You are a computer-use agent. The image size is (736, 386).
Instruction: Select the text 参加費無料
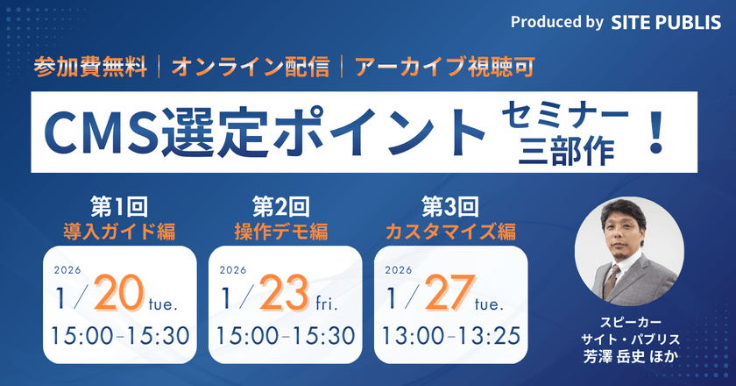click(91, 68)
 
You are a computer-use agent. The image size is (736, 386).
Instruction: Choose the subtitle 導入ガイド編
click(118, 232)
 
